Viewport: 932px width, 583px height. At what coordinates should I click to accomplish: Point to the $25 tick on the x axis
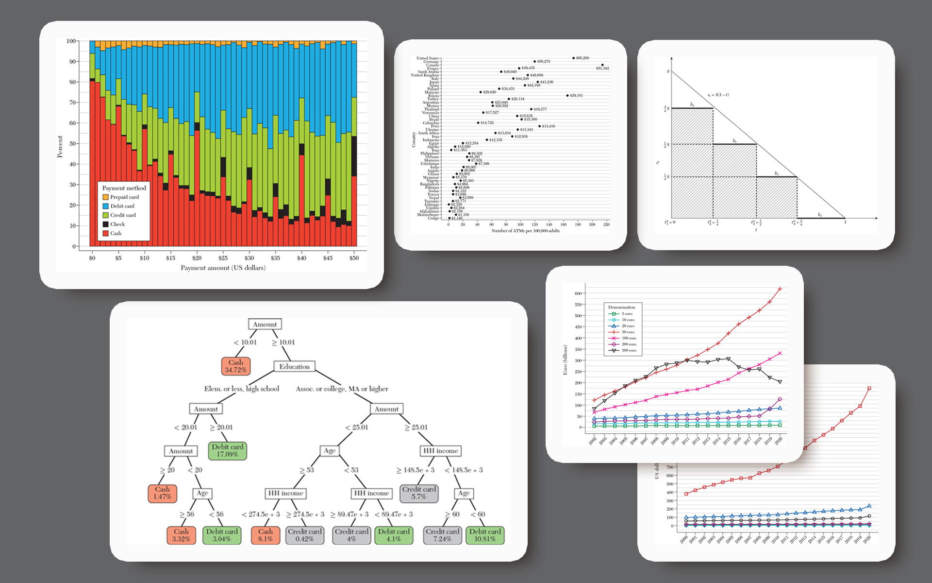coord(223,258)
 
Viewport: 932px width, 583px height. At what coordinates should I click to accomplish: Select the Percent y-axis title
coord(60,146)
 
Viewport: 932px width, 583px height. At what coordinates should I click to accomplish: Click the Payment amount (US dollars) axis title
coord(223,268)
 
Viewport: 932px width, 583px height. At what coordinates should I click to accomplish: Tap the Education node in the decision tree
coord(294,367)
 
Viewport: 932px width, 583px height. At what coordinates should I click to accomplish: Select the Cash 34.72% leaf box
coord(235,366)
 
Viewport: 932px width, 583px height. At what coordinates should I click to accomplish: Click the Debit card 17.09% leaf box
coord(227,450)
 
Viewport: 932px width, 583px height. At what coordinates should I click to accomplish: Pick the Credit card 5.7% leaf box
coord(419,493)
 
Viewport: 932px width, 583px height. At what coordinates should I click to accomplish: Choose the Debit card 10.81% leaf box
coord(484,535)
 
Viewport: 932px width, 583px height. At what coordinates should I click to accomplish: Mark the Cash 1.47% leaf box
coord(162,493)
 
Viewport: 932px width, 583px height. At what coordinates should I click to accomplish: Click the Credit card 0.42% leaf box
coord(304,535)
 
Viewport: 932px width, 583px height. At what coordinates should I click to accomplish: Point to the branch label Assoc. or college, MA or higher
coord(342,389)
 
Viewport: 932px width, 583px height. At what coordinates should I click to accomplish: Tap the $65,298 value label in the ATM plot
coord(582,58)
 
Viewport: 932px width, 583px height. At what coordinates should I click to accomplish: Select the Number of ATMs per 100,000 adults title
coord(525,231)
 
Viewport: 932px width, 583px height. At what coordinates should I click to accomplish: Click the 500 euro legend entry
coord(629,350)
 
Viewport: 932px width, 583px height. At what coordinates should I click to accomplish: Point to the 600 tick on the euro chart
coord(578,293)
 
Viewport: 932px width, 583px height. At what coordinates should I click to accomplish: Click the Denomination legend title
coord(621,307)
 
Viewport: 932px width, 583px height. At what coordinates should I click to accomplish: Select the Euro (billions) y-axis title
coord(565,360)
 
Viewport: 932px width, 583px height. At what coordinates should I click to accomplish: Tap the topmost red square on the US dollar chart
coord(869,388)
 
